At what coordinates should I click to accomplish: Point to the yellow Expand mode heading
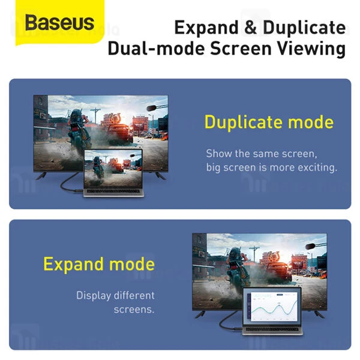[99, 264]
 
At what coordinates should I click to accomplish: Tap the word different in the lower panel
[132, 295]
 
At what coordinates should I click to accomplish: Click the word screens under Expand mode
[134, 310]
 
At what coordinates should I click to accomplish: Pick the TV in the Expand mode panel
[259, 264]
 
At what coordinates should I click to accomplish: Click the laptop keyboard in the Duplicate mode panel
[112, 192]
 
